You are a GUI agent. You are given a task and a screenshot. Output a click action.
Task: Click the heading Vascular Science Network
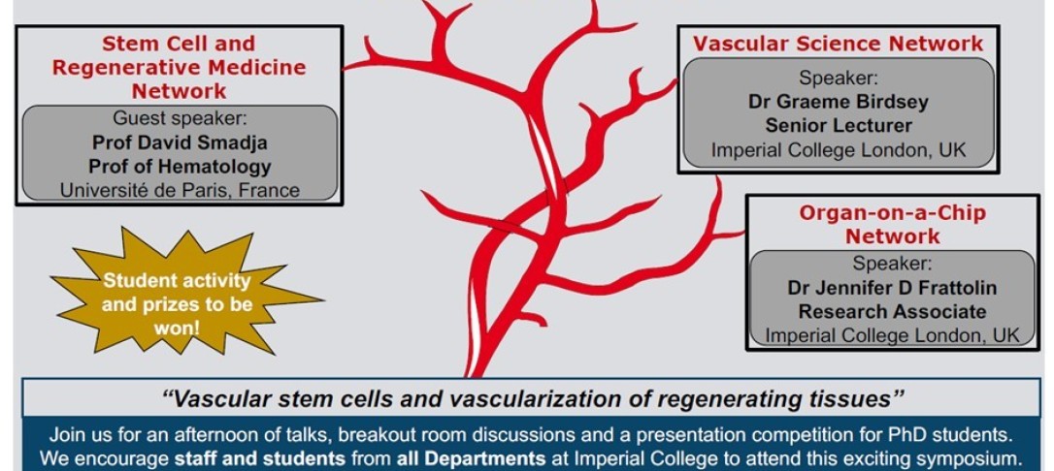[837, 44]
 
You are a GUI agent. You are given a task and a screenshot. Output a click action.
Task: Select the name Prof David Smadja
[180, 142]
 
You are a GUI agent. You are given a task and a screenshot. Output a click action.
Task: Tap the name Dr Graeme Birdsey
[838, 102]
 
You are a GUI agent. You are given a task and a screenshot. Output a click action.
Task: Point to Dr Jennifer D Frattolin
[892, 288]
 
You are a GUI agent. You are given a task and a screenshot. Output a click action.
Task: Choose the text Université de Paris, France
[180, 190]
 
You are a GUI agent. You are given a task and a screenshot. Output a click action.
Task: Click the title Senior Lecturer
[838, 126]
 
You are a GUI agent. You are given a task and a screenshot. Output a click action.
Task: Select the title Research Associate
[892, 312]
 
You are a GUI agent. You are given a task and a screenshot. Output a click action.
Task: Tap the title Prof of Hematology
[180, 166]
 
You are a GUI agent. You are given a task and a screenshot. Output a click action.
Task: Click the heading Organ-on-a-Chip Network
[892, 224]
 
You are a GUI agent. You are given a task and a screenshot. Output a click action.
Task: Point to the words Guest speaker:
[180, 119]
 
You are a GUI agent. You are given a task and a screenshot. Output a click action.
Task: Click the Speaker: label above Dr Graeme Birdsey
[838, 78]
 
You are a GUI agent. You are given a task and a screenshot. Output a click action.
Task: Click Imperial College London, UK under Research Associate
[892, 335]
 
